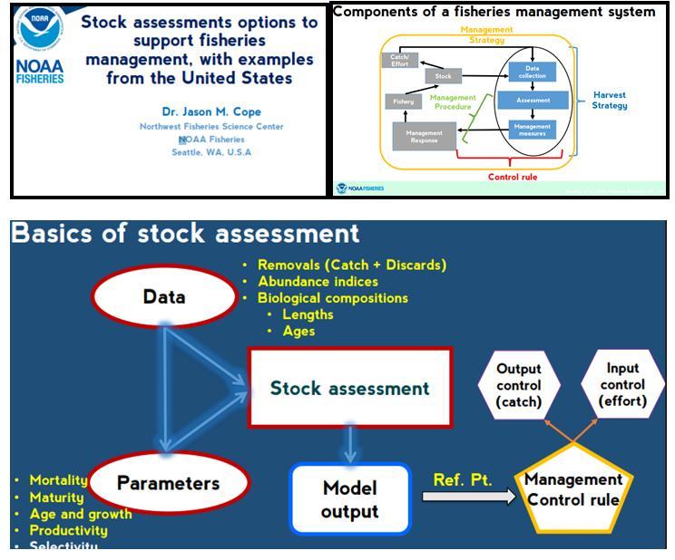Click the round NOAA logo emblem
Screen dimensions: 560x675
pyautogui.click(x=41, y=30)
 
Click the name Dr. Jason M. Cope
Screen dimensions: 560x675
pyautogui.click(x=211, y=111)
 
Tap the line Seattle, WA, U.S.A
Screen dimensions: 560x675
pyautogui.click(x=211, y=152)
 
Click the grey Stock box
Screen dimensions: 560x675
pyautogui.click(x=443, y=77)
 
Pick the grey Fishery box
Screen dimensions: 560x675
pyautogui.click(x=403, y=101)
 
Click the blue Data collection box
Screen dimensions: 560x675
pyautogui.click(x=533, y=72)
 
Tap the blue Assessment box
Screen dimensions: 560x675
pyautogui.click(x=533, y=101)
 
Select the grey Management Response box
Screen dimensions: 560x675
pyautogui.click(x=424, y=137)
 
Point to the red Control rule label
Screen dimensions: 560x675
pyautogui.click(x=513, y=177)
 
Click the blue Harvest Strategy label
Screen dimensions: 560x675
pyautogui.click(x=610, y=100)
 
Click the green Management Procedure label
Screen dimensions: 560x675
pyautogui.click(x=453, y=101)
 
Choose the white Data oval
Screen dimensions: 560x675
pyautogui.click(x=164, y=297)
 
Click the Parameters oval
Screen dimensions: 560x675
pyautogui.click(x=168, y=483)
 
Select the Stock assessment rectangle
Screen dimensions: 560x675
pyautogui.click(x=349, y=388)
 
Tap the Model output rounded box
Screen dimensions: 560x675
pyautogui.click(x=350, y=499)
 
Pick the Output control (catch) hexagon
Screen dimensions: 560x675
pyautogui.click(x=519, y=385)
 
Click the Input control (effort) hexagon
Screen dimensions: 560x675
pyautogui.click(x=622, y=384)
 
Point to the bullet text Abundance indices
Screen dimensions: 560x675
pyautogui.click(x=318, y=281)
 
